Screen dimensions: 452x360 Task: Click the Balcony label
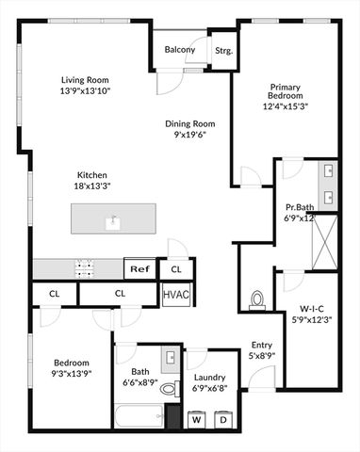coord(179,50)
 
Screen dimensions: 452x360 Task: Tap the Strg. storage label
coord(223,51)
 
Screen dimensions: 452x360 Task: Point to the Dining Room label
coord(191,123)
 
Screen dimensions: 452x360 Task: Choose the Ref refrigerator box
coord(139,269)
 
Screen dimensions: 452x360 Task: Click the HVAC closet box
coord(176,295)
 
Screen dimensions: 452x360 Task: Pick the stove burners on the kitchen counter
coord(85,268)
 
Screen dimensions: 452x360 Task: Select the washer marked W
coord(198,419)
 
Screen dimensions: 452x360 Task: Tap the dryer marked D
coord(224,419)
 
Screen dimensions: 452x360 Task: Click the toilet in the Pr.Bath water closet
coord(256,300)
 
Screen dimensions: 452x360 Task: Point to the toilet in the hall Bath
coord(169,387)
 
